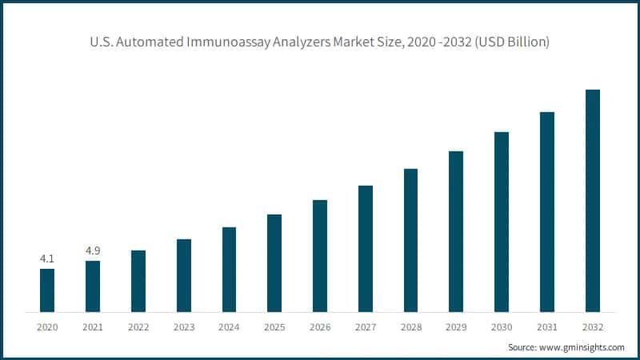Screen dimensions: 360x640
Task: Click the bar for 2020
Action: [x=47, y=290]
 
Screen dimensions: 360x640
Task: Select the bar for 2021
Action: [x=93, y=286]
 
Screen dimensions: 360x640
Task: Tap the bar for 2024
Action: [x=229, y=269]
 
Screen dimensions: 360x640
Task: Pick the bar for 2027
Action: [x=366, y=248]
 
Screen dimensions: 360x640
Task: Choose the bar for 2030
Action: [x=502, y=222]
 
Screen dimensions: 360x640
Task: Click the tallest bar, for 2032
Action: [x=593, y=200]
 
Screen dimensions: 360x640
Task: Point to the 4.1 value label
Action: [x=47, y=258]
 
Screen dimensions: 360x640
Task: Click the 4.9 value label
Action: [x=93, y=250]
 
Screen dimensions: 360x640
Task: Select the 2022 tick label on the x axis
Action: [x=138, y=327]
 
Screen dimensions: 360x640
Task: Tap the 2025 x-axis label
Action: [x=274, y=327]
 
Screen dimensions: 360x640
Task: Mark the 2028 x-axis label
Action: [x=410, y=327]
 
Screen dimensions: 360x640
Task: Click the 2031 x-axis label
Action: [x=547, y=327]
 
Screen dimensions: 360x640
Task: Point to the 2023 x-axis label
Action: [x=183, y=327]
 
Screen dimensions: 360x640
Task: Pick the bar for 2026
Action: [x=320, y=255]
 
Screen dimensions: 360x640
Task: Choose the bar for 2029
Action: [x=456, y=231]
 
